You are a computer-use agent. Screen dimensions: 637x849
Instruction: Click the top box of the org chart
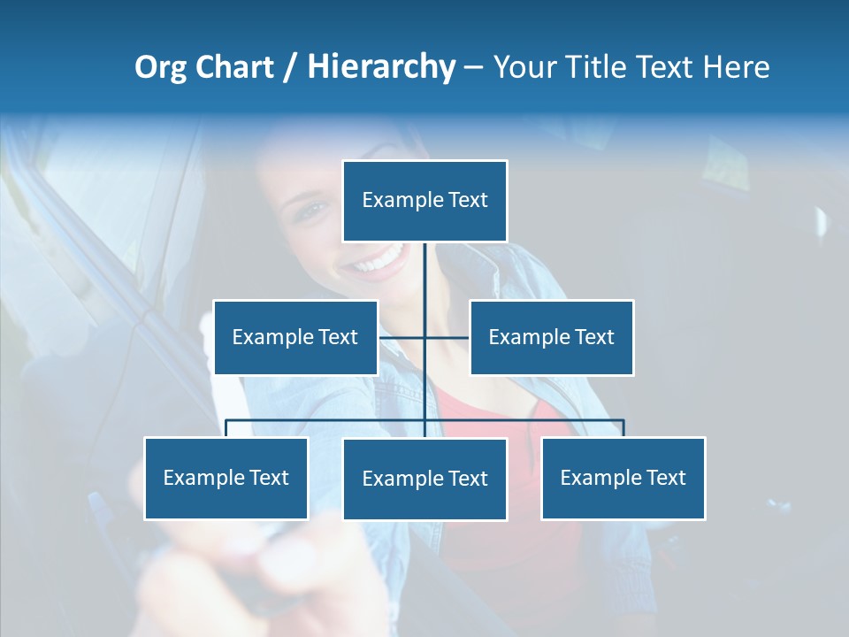coord(424,201)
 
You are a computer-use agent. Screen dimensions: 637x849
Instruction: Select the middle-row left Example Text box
coord(295,337)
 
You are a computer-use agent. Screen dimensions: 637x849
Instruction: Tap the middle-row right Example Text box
coord(551,337)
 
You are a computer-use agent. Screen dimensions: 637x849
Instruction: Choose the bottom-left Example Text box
coord(226,478)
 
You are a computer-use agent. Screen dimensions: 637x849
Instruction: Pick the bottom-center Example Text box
coord(424,479)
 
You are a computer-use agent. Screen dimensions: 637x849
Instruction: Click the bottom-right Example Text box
coord(623,478)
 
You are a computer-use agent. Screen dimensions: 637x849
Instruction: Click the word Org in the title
coord(161,67)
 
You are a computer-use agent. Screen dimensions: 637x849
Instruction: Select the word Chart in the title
coord(234,67)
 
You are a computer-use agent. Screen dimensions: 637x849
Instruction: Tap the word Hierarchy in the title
coord(380,67)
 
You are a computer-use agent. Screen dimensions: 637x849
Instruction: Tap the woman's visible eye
coord(311,211)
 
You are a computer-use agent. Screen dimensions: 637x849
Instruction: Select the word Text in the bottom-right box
coord(665,478)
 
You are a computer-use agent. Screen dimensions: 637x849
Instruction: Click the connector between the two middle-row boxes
coord(424,337)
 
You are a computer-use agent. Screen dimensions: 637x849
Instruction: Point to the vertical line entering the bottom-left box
coord(226,428)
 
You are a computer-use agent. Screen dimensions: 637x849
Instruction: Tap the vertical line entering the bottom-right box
coord(623,428)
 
